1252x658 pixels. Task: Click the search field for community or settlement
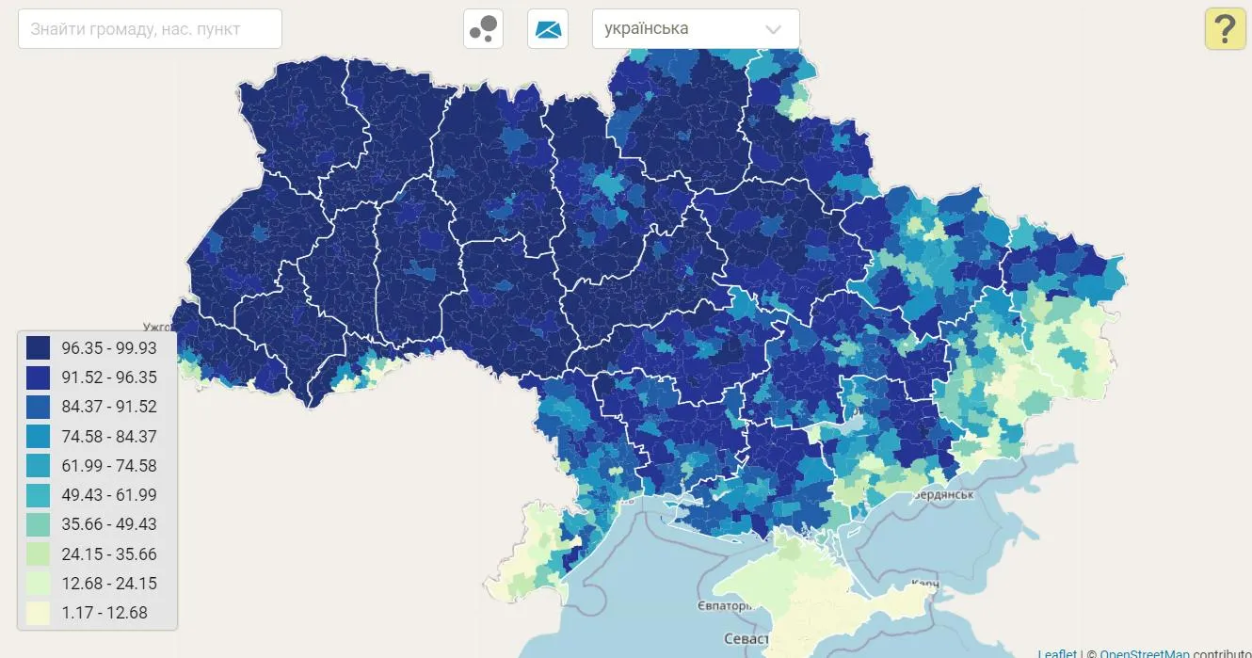click(x=150, y=29)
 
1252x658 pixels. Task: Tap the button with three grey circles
click(x=483, y=29)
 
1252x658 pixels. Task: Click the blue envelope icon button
click(x=548, y=29)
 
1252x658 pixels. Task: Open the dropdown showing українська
click(x=695, y=29)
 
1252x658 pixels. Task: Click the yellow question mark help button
click(x=1225, y=29)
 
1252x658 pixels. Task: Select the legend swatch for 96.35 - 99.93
click(x=39, y=347)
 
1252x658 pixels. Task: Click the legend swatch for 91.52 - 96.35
click(x=39, y=377)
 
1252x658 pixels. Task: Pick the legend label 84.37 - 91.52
click(x=109, y=407)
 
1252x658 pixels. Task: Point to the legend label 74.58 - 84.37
click(x=109, y=437)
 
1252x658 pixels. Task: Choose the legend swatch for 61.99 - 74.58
click(x=39, y=466)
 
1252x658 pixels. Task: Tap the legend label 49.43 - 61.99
click(x=109, y=495)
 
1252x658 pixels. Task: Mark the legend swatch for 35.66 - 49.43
click(x=39, y=524)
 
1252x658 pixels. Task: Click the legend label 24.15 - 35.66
click(x=109, y=554)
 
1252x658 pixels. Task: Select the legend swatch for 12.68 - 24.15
click(x=39, y=584)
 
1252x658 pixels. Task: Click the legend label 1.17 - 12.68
click(x=104, y=613)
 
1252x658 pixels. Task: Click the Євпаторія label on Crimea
click(x=725, y=605)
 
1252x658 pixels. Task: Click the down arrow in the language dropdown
click(x=773, y=29)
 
